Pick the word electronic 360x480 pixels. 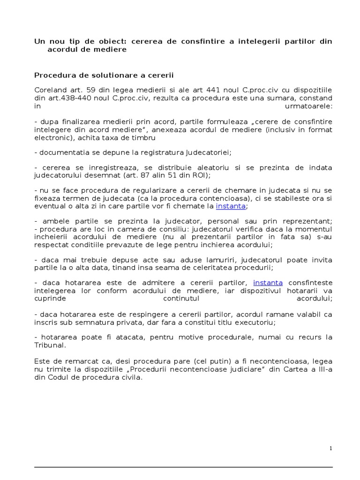coord(52,138)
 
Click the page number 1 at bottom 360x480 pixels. coord(331,448)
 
